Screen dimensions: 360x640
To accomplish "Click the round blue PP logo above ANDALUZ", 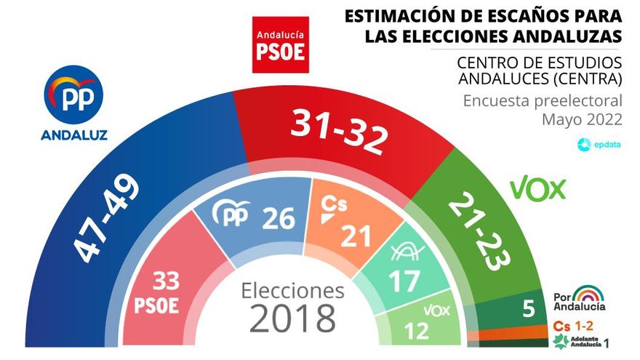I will coord(73,93).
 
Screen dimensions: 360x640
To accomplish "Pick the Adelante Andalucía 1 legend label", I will coord(582,341).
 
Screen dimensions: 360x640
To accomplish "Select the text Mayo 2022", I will coord(582,119).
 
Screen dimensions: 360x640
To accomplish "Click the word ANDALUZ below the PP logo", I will coord(73,135).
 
